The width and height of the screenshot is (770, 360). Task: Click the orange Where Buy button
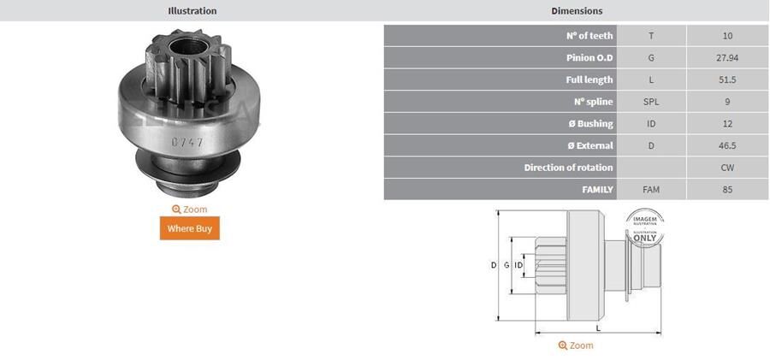[x=190, y=228]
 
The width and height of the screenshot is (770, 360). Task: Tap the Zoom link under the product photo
[x=190, y=210]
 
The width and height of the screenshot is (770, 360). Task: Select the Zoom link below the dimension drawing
[x=576, y=345]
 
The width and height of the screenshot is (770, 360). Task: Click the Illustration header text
[x=192, y=10]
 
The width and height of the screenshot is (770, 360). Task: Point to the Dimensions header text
[x=577, y=10]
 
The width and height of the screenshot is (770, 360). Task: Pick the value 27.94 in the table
[x=727, y=58]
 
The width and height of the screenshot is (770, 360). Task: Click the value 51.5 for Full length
[x=727, y=80]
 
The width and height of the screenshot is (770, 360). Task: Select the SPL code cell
[x=651, y=102]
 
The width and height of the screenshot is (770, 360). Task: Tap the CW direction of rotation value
[x=727, y=168]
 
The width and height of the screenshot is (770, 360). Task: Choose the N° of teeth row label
[x=589, y=35]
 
